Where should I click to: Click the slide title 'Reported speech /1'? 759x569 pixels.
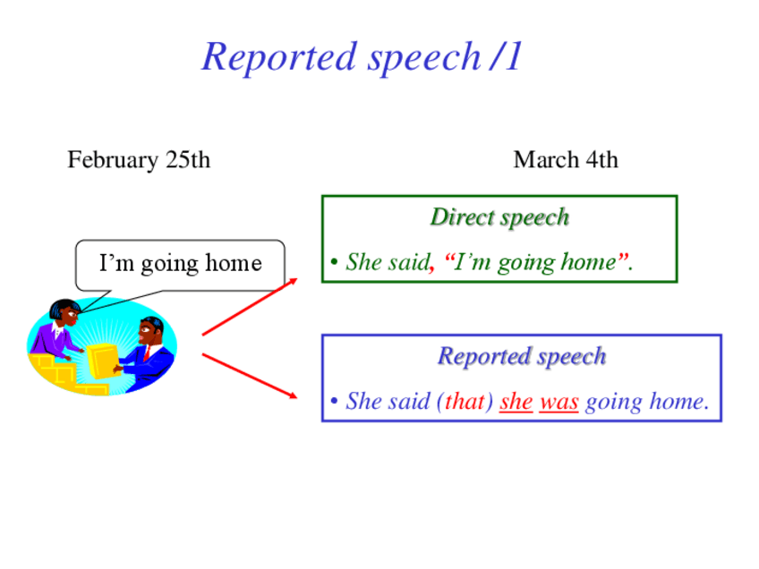362,57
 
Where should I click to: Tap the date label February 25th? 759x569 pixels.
139,160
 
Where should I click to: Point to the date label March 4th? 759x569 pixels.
566,159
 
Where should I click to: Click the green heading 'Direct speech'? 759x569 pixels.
499,217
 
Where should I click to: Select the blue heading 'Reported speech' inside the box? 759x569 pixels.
522,357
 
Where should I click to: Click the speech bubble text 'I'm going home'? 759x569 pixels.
181,264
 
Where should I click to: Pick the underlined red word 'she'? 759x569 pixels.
516,402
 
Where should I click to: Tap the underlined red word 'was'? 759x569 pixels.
559,402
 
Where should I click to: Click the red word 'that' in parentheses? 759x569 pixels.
465,401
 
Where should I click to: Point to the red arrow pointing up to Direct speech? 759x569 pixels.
250,307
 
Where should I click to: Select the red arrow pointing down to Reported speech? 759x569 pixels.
250,377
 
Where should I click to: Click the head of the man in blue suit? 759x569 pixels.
150,331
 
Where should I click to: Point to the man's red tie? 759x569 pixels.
147,353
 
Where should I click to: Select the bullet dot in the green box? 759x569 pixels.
334,263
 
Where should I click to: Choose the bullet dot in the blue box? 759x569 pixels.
334,401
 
